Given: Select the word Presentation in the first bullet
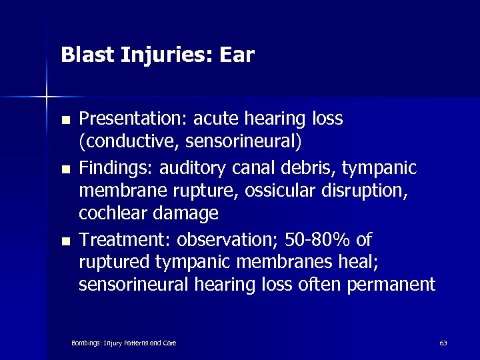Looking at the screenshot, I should tap(132, 119).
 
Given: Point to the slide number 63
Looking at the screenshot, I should tap(443, 343).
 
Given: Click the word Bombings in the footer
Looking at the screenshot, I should tap(85, 343).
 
